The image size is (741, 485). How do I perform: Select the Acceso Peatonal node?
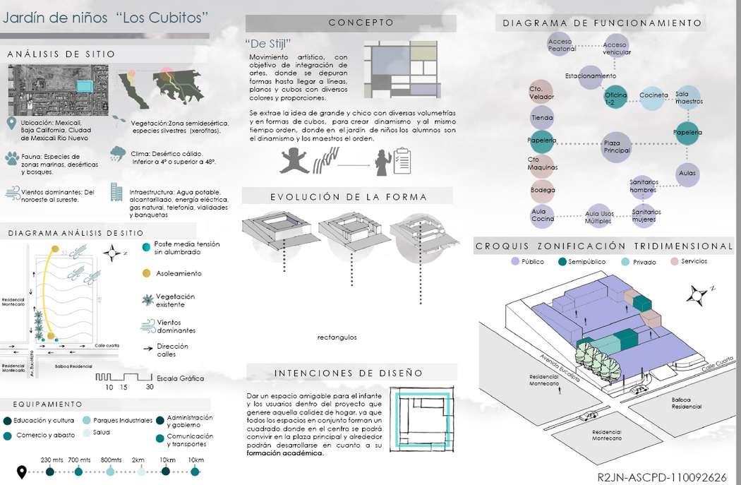coord(562,45)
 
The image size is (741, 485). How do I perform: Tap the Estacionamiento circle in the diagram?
coord(591,76)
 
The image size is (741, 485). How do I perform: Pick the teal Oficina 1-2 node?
coord(615,99)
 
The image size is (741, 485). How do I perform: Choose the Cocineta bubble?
coord(653,95)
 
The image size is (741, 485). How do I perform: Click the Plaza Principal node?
coord(617,146)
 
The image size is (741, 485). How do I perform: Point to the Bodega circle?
coord(543,190)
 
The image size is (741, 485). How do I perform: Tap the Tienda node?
coord(542,118)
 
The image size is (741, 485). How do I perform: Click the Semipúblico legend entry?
coord(586,262)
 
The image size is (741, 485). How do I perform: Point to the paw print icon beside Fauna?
coord(12,158)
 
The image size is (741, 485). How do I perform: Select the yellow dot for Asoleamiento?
coord(146,273)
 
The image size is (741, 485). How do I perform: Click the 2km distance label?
coord(138,460)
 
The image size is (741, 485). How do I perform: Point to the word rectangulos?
coord(337,337)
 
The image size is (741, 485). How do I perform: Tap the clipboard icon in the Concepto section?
coord(403,160)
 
